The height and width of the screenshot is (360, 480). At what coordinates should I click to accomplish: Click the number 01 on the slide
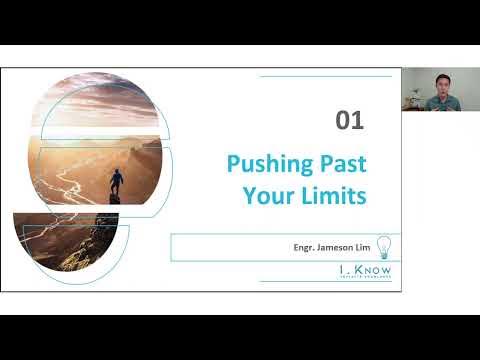tap(349, 122)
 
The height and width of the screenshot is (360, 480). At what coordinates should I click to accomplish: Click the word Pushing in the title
tap(263, 163)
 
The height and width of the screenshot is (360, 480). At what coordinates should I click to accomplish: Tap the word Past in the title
tap(336, 163)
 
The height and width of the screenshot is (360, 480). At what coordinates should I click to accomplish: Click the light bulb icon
tap(382, 247)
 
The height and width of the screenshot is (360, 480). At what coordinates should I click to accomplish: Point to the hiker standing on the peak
tap(117, 183)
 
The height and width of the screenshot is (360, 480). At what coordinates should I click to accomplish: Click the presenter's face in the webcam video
tap(441, 84)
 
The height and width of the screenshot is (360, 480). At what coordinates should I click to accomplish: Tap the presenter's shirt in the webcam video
tap(441, 103)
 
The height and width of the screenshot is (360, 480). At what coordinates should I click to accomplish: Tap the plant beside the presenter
tap(411, 97)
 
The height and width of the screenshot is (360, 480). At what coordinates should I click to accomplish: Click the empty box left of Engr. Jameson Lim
tap(225, 247)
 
